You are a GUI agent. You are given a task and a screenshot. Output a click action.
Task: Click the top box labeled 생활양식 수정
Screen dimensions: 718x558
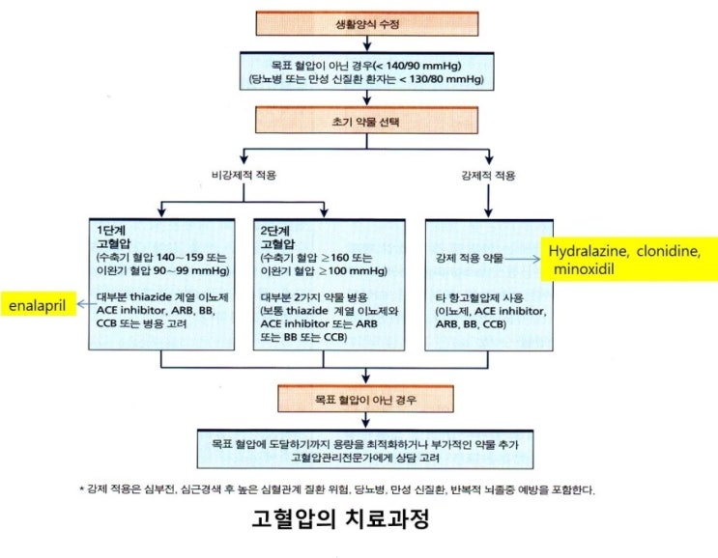[x=367, y=24]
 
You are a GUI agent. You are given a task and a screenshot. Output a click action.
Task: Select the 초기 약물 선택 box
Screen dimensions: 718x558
[x=366, y=121]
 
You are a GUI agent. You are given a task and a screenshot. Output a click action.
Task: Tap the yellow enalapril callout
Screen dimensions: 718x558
[x=38, y=305]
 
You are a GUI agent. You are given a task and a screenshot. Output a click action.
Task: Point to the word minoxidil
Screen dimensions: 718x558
[x=584, y=269]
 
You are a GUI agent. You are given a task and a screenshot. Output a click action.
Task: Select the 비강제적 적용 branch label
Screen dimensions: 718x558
[x=244, y=175]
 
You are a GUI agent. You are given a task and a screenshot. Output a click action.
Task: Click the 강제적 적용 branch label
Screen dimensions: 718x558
[x=488, y=176]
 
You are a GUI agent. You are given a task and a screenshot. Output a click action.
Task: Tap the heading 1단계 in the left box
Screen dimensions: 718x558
[x=111, y=230]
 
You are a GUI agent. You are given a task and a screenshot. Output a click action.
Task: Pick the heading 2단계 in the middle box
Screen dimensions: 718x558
[x=275, y=230]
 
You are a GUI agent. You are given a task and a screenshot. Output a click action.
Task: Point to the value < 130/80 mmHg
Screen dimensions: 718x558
[x=442, y=79]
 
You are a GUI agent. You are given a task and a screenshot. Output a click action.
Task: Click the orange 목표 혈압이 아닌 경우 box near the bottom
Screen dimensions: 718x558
[x=366, y=400]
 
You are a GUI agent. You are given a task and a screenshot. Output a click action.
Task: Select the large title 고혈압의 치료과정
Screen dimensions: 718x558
[x=341, y=518]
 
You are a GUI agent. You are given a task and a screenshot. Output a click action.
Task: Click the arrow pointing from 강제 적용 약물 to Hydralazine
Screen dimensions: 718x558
[x=523, y=260]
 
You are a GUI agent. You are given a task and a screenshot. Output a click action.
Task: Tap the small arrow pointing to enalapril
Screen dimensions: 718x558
[x=87, y=304]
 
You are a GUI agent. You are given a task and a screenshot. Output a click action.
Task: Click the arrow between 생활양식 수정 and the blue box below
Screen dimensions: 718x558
[x=367, y=43]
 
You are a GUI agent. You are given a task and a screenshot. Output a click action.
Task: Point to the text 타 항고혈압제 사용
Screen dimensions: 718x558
[x=479, y=298]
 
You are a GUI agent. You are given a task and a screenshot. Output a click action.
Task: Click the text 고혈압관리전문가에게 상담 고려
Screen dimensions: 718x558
[x=365, y=458]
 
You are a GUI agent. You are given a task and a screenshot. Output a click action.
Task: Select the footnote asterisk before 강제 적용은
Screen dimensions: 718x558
[x=81, y=489]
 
